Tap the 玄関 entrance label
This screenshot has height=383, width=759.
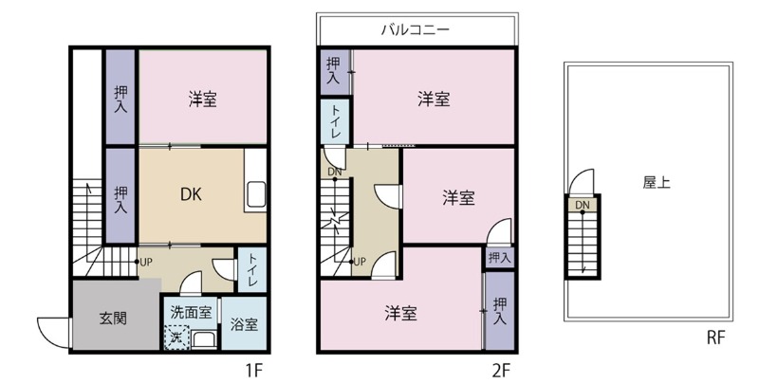[x=113, y=319]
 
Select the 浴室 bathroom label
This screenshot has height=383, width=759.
[x=244, y=324]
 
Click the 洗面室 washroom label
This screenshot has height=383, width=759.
[x=191, y=311]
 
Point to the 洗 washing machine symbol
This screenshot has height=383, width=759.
[x=175, y=336]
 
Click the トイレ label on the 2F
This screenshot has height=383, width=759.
[x=336, y=122]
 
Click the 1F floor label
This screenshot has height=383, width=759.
[x=252, y=368]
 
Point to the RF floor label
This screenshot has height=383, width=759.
[x=718, y=337]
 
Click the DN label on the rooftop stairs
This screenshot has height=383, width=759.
[x=581, y=205]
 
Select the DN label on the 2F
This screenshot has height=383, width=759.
[x=333, y=173]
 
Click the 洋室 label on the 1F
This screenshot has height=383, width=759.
[x=202, y=99]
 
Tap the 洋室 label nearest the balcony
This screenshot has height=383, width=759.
[x=434, y=99]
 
